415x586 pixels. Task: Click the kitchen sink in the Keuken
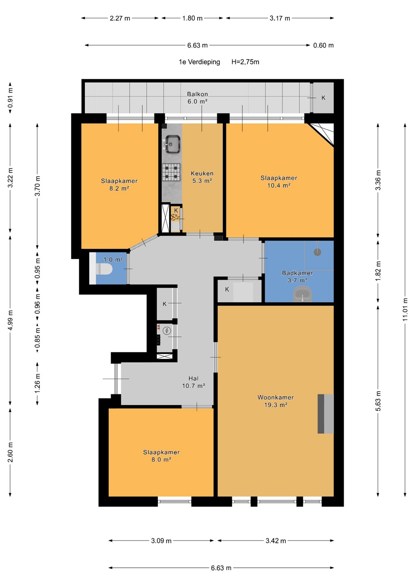click(x=172, y=144)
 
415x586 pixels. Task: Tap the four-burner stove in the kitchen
click(x=172, y=172)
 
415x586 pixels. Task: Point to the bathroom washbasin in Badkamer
click(x=302, y=294)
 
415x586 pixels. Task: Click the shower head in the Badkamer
click(x=318, y=252)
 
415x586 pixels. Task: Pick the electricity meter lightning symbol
click(x=167, y=331)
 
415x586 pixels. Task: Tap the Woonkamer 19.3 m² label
click(x=276, y=401)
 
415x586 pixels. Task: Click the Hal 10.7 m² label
click(x=193, y=382)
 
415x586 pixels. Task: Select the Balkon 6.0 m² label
click(x=197, y=98)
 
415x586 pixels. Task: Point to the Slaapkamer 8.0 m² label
click(x=161, y=456)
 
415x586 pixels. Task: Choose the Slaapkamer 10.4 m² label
click(x=279, y=181)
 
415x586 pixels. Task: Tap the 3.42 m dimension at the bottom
click(x=276, y=541)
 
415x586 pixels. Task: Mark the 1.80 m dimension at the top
click(x=192, y=18)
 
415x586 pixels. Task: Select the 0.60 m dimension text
click(x=323, y=45)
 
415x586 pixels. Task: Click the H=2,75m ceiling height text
click(x=245, y=62)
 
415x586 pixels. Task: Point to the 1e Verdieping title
click(x=199, y=62)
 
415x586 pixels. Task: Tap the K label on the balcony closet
click(x=323, y=98)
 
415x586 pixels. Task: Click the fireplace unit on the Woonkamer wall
click(x=326, y=413)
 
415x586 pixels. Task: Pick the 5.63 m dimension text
click(x=378, y=401)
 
